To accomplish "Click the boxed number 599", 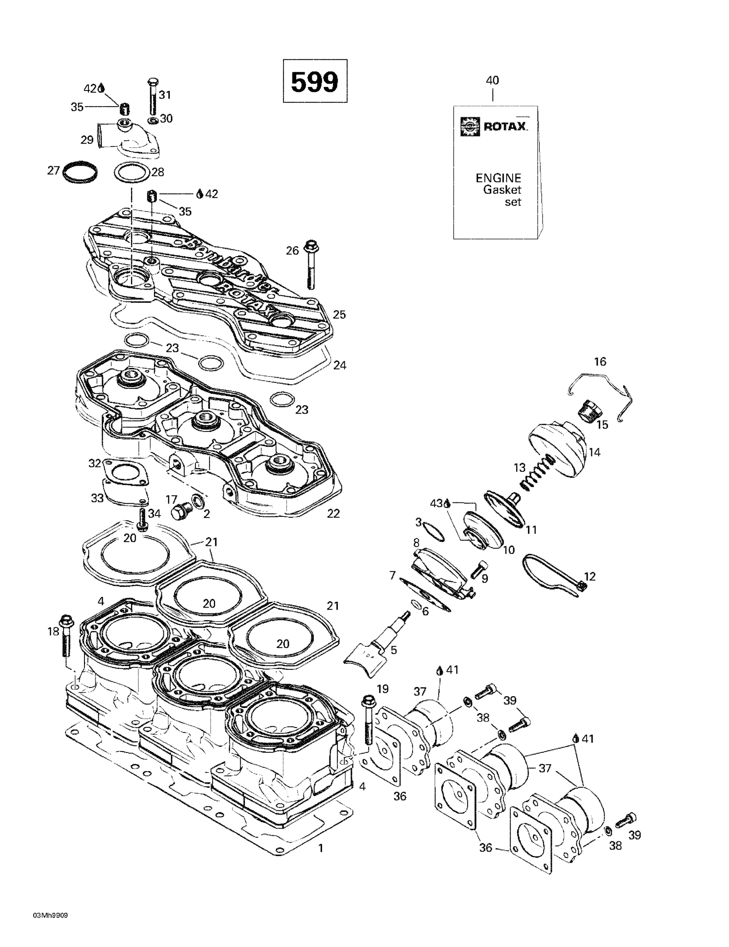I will [x=315, y=81].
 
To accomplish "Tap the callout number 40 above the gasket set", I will [x=492, y=80].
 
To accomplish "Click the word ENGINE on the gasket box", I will [x=498, y=178].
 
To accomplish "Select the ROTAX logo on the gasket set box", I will [x=494, y=127].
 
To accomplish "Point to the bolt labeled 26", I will [x=311, y=265].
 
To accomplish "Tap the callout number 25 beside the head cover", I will [x=339, y=315].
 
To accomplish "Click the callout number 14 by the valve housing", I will [x=594, y=452].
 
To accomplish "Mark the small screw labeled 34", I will [x=141, y=518].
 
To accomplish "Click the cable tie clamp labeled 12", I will [x=550, y=576].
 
